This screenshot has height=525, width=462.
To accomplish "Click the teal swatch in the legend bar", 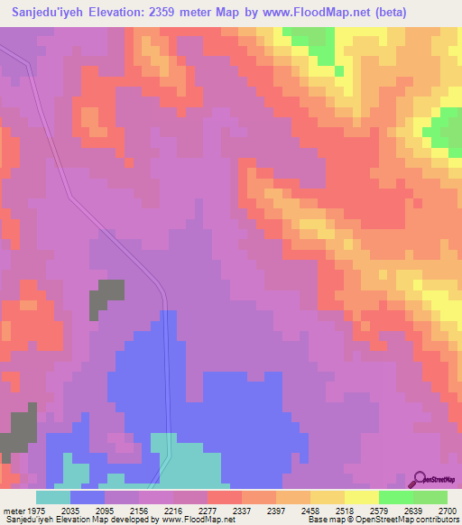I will (x=52, y=497).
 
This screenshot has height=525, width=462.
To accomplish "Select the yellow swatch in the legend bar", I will (x=361, y=497).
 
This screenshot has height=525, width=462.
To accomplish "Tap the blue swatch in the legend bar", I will (x=88, y=497).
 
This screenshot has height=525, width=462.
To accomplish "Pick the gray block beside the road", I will (x=106, y=299).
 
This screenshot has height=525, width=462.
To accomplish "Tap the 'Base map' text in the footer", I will (x=326, y=520).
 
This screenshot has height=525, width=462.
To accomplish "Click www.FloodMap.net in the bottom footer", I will (x=187, y=520).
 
